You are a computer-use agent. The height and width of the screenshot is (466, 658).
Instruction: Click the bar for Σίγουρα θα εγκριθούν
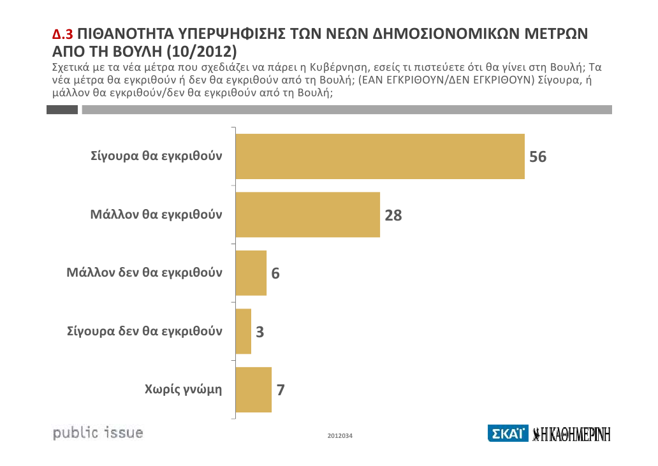tap(380, 156)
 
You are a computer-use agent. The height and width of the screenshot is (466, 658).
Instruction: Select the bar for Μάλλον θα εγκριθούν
tap(308, 215)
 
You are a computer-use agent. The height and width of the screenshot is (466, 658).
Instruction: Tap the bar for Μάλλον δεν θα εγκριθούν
tap(251, 273)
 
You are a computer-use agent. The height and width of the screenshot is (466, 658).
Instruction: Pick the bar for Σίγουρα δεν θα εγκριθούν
tap(244, 331)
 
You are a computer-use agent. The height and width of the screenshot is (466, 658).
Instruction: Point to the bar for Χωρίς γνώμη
tap(254, 390)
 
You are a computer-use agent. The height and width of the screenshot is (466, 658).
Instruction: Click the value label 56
tap(538, 157)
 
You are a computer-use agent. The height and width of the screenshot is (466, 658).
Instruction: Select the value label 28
tap(393, 215)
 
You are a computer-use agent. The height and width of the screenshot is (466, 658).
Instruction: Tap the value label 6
tap(275, 273)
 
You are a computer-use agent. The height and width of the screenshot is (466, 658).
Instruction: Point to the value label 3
tap(260, 332)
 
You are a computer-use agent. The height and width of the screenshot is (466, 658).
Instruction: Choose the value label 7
tap(281, 390)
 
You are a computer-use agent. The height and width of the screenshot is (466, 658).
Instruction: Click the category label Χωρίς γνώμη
tap(184, 390)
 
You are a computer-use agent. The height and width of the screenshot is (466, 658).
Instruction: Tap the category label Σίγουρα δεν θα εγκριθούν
tap(145, 331)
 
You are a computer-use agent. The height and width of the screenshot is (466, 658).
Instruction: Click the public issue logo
tap(98, 433)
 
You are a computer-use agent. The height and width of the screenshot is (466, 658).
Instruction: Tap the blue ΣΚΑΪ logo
tap(508, 434)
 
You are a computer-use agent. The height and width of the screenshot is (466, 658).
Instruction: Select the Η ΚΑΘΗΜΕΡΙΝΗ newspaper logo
tap(572, 434)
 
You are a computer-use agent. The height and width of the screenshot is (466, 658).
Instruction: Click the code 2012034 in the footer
tap(340, 436)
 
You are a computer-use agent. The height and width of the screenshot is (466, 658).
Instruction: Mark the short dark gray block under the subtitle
tap(62, 110)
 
